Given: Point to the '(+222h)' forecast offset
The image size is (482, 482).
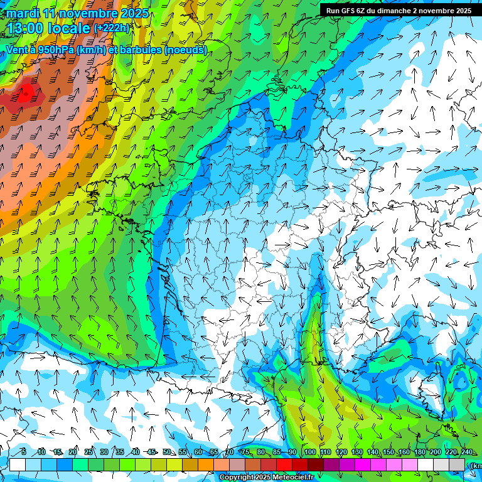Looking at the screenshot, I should click(x=111, y=28).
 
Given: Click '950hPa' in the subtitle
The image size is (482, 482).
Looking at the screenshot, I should click(x=55, y=50).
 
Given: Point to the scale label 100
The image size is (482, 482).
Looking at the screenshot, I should click(x=309, y=452).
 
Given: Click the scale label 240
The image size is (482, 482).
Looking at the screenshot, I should click(x=466, y=452).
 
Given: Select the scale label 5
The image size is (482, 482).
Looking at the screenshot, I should click(x=24, y=452).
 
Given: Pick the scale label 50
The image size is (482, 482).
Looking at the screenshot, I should click(x=167, y=452).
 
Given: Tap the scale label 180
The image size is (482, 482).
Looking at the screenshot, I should click(x=419, y=452).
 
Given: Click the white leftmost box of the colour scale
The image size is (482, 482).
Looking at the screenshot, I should click(x=18, y=464).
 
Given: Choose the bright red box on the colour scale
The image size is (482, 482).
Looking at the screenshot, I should click(x=284, y=464).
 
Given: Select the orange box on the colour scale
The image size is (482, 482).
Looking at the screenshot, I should click(x=190, y=464).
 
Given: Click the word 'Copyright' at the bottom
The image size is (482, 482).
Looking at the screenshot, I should click(x=236, y=478).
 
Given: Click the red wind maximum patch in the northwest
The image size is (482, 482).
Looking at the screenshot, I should click(x=26, y=94).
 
